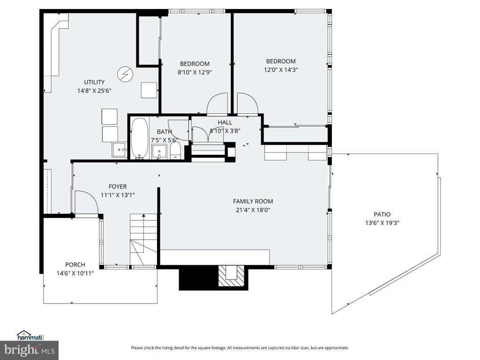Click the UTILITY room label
coord(94,82)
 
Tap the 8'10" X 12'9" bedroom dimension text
coord(195,73)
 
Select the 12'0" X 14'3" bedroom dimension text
coord(281,70)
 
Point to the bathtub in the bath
coord(139,138)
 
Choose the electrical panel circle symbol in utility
coord(125,75)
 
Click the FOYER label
coord(118,187)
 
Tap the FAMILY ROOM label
coord(253,202)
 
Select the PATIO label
coord(382,214)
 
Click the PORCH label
coord(75,265)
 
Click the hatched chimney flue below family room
coord(231,276)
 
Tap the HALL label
coord(225,122)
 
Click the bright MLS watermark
coord(30,350)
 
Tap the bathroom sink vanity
coord(159,152)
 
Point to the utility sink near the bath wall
coord(119,150)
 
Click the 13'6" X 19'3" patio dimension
coord(382,223)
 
